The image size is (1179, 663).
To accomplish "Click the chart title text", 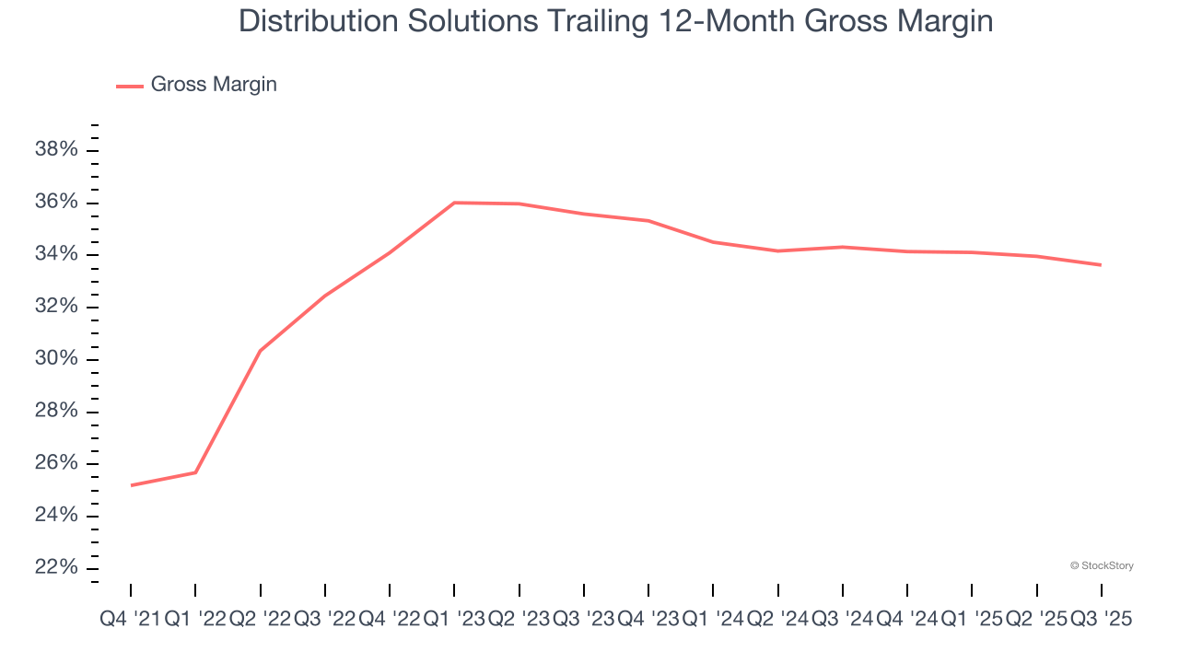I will click(615, 20).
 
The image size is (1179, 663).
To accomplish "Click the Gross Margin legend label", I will click(214, 85).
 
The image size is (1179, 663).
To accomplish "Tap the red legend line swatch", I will click(130, 86).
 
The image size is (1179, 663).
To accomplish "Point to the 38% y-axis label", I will click(56, 150).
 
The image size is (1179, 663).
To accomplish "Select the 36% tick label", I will click(56, 203).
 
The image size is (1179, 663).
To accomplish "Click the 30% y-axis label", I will click(56, 359).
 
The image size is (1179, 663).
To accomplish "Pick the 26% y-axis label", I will click(56, 463).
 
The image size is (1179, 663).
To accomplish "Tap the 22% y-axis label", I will click(56, 567).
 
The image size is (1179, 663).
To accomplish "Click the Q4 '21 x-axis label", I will click(130, 620).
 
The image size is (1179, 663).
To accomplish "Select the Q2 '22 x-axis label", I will click(260, 620).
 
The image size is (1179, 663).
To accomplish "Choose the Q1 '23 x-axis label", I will click(454, 620).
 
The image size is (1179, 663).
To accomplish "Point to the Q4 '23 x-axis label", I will click(648, 620).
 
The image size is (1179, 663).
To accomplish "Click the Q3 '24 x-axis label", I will click(843, 620).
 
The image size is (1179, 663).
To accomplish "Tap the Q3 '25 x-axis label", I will click(1102, 620).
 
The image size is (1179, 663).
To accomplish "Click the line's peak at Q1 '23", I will click(454, 203).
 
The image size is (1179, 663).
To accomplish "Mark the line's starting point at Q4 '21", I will click(131, 485).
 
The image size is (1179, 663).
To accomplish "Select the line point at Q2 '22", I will click(260, 351).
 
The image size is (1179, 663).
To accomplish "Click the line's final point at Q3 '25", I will click(1102, 265).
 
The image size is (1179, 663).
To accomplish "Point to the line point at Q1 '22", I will click(195, 472).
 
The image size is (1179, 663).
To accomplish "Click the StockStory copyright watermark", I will click(1102, 565).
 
